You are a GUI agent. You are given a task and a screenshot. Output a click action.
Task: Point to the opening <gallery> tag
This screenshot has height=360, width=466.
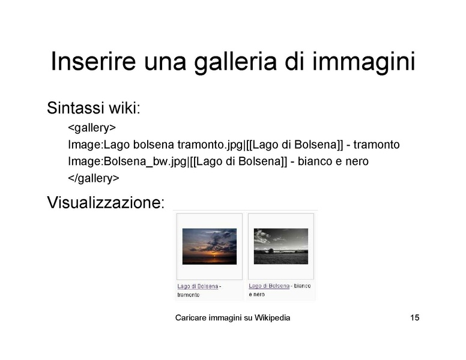(91, 128)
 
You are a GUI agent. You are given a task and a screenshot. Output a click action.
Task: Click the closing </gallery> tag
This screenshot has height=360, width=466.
(93, 178)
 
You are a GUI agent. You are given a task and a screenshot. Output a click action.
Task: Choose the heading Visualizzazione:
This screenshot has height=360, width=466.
(105, 202)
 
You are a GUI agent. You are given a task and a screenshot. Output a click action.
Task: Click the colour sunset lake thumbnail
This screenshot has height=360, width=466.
(210, 246)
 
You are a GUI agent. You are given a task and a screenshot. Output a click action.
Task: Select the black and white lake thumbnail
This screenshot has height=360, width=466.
(280, 246)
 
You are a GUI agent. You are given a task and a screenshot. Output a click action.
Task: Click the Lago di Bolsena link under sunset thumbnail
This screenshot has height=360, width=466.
(197, 287)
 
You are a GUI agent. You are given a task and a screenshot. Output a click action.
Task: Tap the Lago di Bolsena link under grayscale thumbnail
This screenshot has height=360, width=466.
(268, 286)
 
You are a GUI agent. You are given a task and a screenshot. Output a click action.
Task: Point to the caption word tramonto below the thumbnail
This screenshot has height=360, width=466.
(188, 295)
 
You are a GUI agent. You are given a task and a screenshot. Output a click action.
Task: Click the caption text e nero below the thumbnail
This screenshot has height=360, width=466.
(256, 295)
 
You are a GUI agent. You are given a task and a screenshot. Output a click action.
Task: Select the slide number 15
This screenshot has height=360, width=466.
(414, 318)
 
